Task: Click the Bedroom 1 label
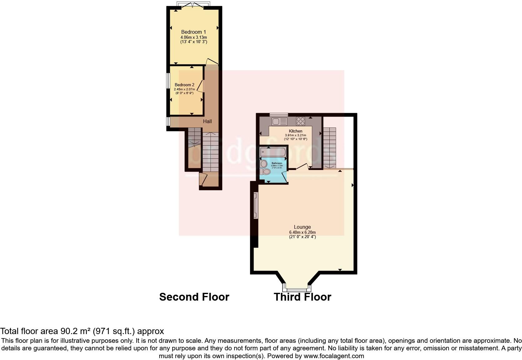194,32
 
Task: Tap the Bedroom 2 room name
184,85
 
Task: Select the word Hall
207,121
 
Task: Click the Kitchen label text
295,131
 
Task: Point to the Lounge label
302,227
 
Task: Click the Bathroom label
277,163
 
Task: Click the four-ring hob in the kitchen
300,121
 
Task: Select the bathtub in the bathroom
273,152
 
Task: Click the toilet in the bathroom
265,172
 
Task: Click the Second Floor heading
194,297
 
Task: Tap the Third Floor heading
302,297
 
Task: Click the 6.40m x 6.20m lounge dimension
302,232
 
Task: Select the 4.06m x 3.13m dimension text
194,37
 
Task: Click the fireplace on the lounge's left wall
256,205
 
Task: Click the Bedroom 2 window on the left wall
168,81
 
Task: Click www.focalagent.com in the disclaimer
334,356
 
